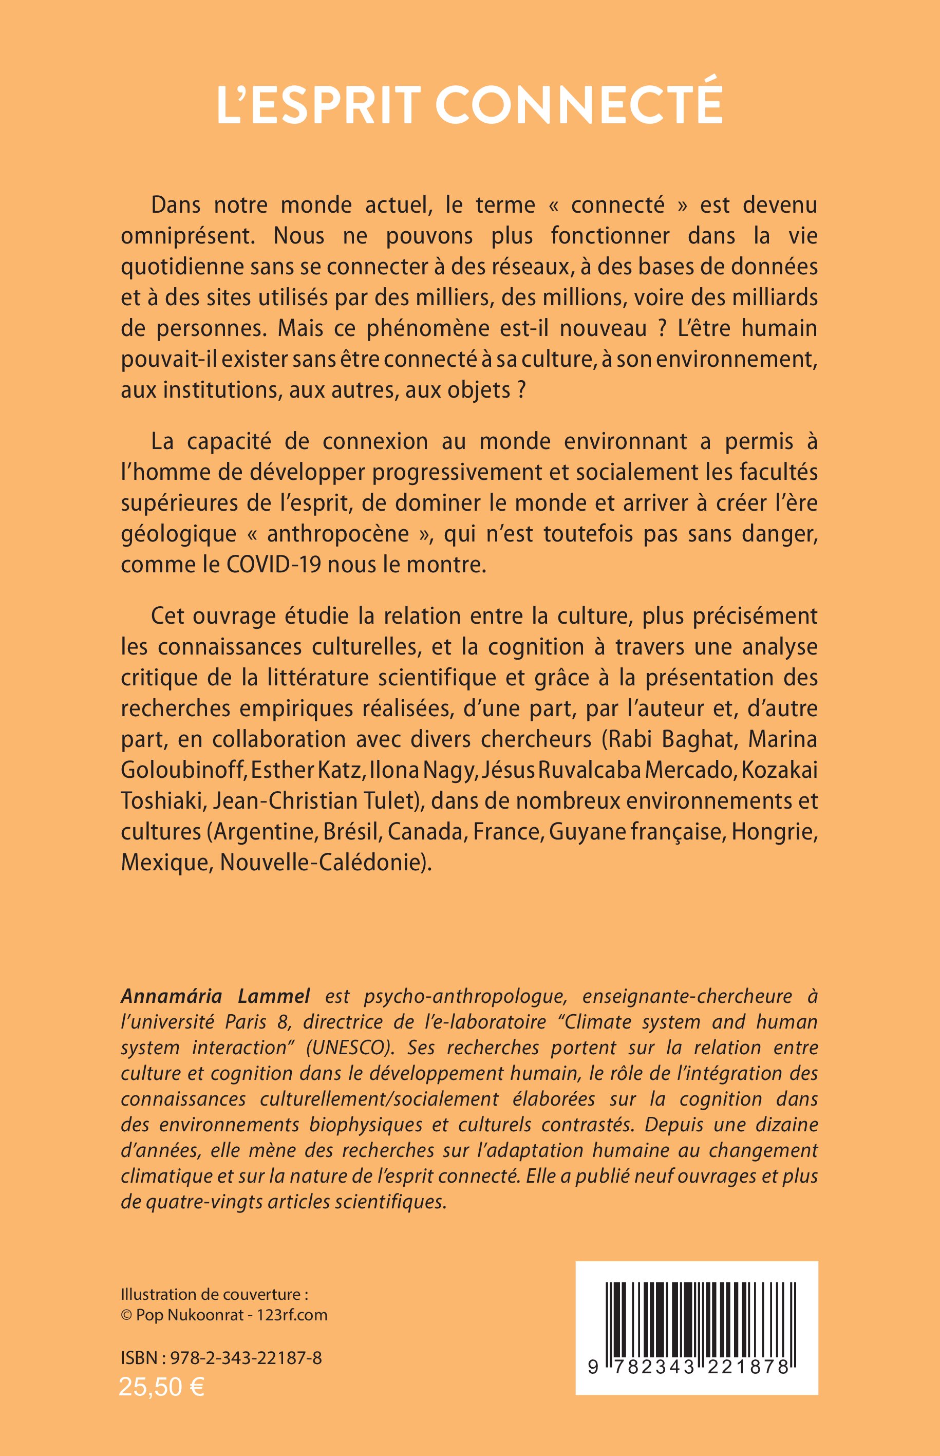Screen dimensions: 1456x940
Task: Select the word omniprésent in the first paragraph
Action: tap(187, 236)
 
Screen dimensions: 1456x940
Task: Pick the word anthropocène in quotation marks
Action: tap(338, 534)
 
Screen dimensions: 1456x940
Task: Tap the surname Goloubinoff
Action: tap(182, 770)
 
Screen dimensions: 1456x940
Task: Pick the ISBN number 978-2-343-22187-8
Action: tap(246, 1358)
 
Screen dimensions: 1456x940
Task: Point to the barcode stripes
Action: tap(697, 1319)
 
